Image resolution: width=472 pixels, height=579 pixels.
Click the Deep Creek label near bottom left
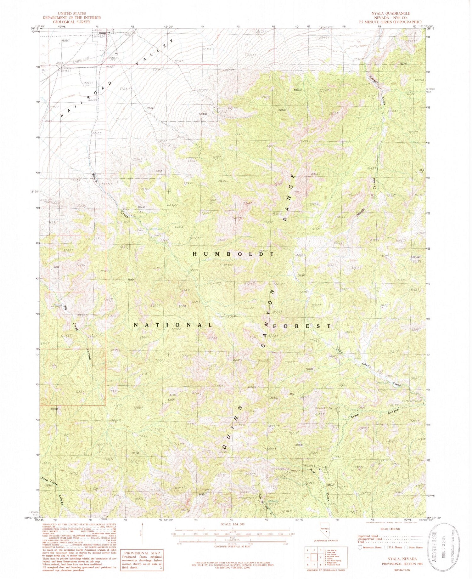click(x=49, y=482)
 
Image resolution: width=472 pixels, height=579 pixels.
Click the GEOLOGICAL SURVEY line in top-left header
click(x=71, y=22)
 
